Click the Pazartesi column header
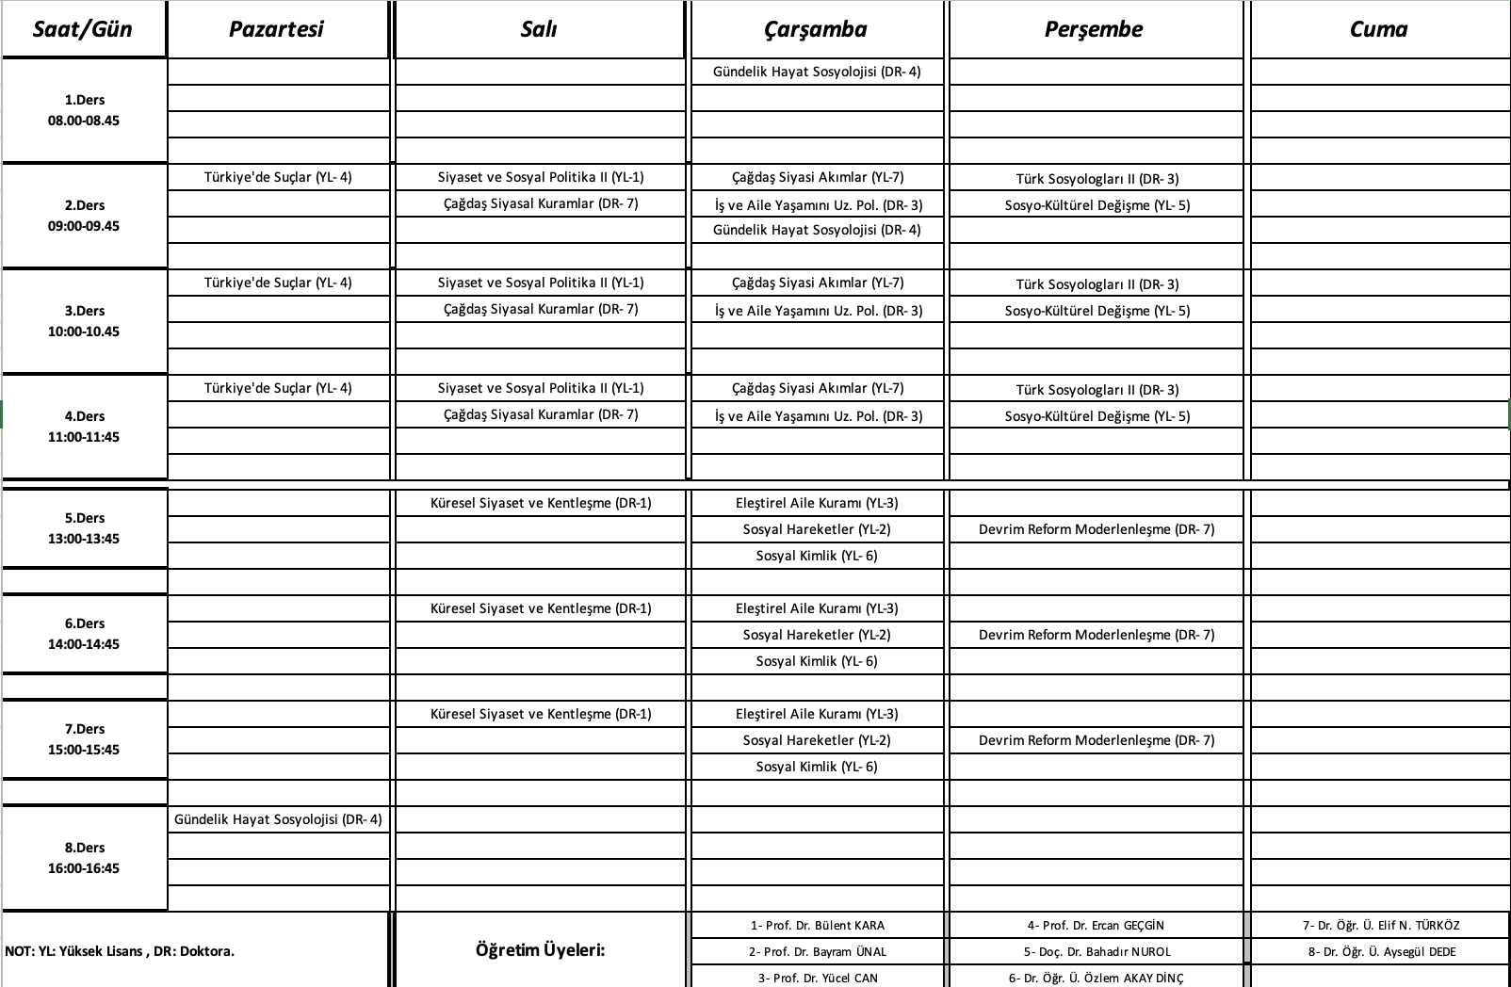[x=276, y=29]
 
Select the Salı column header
[x=539, y=29]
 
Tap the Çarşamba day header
[x=816, y=29]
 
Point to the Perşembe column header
[x=1094, y=29]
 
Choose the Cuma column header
[x=1378, y=29]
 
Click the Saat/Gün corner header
[x=83, y=29]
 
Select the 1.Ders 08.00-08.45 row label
[x=84, y=110]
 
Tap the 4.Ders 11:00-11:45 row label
[x=84, y=427]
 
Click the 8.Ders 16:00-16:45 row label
[x=84, y=858]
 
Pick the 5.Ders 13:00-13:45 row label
[x=84, y=528]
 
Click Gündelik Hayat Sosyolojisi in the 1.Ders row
[x=817, y=72]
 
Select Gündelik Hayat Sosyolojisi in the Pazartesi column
[x=278, y=819]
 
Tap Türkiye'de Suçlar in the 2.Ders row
[x=278, y=177]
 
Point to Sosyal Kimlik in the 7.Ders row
[x=817, y=767]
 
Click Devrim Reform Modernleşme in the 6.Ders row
[x=1097, y=635]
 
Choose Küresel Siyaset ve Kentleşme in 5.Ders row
[x=541, y=503]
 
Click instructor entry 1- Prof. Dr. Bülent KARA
[x=818, y=926]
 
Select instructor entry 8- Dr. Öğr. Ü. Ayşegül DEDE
[x=1382, y=952]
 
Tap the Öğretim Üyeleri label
[x=541, y=950]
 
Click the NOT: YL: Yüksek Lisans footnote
[x=120, y=951]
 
